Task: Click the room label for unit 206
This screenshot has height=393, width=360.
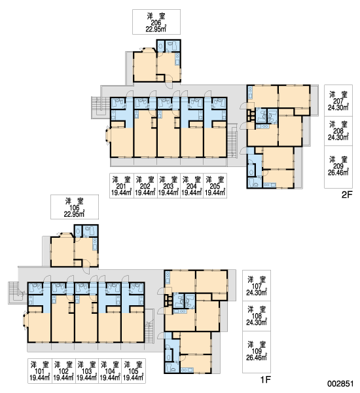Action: [156, 22]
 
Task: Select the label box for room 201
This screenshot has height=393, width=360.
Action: [122, 186]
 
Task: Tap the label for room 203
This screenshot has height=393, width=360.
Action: [169, 186]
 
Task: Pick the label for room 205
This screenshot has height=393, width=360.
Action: [215, 186]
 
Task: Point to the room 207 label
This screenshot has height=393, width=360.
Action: [338, 100]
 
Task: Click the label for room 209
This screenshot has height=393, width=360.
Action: [338, 167]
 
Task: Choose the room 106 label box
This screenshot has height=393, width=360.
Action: [75, 207]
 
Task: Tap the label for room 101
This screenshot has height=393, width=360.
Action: [39, 371]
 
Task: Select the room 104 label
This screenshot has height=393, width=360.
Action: [110, 371]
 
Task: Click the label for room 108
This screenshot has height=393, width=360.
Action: [257, 316]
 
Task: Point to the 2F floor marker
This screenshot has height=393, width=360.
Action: [347, 195]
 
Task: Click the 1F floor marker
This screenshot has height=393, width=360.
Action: [266, 380]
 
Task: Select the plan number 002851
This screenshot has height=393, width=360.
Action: [340, 384]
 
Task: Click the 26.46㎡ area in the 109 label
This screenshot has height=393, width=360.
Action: [257, 358]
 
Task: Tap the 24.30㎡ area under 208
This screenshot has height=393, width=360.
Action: [338, 137]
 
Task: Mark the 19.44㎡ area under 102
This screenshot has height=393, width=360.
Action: [63, 378]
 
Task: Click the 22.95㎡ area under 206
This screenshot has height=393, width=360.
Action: [156, 29]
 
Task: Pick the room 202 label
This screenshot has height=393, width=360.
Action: [145, 186]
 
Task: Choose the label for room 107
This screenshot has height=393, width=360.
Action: [257, 286]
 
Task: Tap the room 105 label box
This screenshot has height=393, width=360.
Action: [134, 371]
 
